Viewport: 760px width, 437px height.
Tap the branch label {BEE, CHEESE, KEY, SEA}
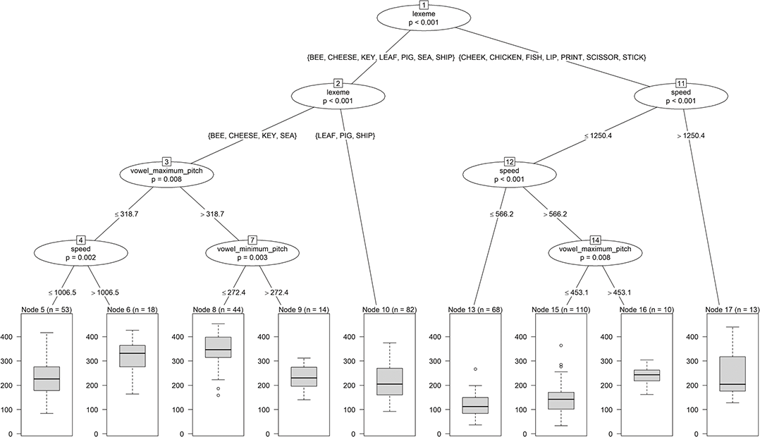(252, 135)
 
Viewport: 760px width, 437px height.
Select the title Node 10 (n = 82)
(381, 309)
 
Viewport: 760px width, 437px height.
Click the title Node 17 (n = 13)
(725, 309)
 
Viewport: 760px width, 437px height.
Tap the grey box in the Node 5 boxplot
(46, 378)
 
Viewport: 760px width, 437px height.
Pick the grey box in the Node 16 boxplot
(646, 375)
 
